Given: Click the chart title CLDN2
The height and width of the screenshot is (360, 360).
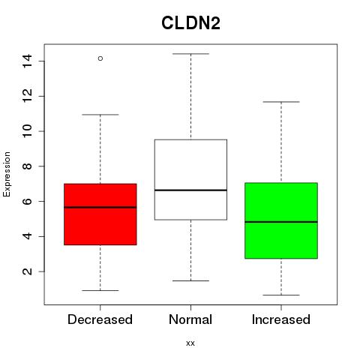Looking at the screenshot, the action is tap(190, 23).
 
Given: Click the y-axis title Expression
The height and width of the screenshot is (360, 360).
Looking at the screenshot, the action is tap(7, 174).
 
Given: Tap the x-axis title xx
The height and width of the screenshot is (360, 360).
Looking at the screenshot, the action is tap(190, 343).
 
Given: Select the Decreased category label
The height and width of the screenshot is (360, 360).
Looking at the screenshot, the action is tap(100, 319).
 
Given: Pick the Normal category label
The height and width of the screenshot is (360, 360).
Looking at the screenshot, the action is tap(190, 319).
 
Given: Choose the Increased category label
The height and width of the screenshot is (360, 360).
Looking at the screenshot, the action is tap(281, 319).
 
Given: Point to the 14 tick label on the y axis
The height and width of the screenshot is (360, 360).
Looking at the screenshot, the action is tap(27, 61).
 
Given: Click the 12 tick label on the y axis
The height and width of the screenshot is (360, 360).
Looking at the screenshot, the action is tap(27, 96).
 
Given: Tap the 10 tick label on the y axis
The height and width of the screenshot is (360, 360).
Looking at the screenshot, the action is tap(27, 131).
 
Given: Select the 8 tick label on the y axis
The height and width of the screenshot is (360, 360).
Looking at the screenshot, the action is tap(27, 166).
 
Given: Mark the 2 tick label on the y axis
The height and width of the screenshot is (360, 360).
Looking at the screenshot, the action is tap(27, 271).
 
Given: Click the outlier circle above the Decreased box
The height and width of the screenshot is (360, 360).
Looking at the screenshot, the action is tap(100, 58).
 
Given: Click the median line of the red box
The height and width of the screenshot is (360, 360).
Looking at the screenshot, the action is tap(100, 207).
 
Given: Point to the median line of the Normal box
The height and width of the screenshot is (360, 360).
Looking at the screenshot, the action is tap(190, 190).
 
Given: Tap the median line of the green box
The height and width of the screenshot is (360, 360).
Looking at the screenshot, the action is tap(281, 222).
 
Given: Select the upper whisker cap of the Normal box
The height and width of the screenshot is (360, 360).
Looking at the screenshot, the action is tap(190, 54).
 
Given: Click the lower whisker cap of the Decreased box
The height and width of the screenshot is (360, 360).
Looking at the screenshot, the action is tap(100, 290).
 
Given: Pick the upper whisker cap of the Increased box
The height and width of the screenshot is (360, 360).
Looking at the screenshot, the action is tap(281, 102).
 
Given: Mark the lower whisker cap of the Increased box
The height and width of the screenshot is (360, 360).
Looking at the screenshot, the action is tap(281, 295).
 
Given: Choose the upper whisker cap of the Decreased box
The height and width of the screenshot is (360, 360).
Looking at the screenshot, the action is tap(100, 115).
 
